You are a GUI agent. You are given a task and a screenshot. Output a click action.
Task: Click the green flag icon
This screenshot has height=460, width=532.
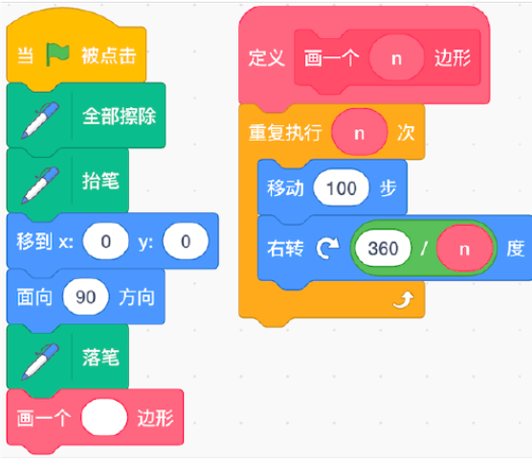coord(57,55)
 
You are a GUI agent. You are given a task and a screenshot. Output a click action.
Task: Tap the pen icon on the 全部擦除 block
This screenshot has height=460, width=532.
coord(40,120)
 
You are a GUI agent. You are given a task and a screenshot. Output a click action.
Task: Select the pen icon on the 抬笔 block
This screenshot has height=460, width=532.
coord(40,185)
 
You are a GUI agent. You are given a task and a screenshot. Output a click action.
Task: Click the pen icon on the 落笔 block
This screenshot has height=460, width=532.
coord(40,361)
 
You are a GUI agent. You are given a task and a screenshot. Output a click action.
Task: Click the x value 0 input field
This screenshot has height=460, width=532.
coord(106,242)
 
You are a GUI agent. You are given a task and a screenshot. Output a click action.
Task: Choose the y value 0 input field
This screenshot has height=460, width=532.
coord(186,242)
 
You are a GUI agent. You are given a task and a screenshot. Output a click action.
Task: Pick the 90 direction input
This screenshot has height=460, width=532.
coord(85,297)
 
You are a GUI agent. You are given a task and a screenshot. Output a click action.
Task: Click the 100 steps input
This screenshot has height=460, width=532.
coord(342,188)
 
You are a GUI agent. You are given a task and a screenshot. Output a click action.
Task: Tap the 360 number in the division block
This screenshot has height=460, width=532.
coord(383,249)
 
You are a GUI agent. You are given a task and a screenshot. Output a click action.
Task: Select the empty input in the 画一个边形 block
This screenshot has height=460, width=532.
coord(104,418)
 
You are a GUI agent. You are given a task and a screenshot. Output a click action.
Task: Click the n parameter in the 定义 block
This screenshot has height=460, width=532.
coord(397,57)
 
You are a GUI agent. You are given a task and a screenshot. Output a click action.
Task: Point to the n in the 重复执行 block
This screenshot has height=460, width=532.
coord(360,132)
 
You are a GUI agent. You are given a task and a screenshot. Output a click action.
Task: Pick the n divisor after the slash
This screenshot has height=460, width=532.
coord(464,249)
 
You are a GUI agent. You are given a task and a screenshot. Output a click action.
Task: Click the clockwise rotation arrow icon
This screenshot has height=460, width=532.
coord(328,249)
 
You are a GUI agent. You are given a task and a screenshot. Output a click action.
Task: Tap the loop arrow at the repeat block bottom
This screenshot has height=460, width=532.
coord(404,300)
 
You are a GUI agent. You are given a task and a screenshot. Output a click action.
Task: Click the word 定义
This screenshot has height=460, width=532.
coord(267,57)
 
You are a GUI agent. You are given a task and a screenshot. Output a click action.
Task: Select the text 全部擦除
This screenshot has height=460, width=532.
coord(120,116)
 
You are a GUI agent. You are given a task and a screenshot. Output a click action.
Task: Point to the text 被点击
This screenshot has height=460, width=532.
coord(108,55)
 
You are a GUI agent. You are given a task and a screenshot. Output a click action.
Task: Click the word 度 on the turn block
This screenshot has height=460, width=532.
coord(516,249)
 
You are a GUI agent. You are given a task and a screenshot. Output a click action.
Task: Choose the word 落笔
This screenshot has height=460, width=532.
coord(100,358)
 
